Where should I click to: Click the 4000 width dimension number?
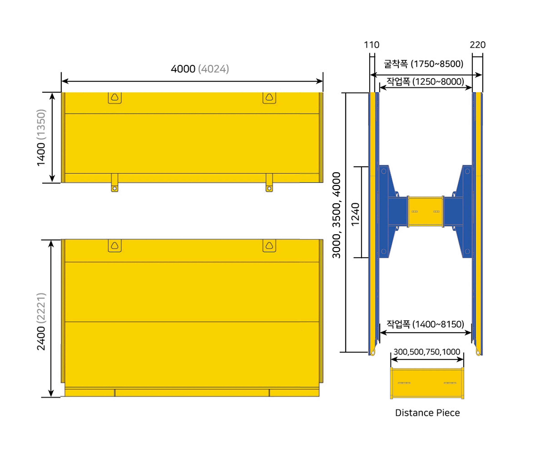pos(183,69)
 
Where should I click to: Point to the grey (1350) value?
pos(41,125)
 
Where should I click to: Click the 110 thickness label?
pos(372,45)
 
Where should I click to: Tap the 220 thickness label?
pos(478,45)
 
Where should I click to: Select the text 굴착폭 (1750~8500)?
pos(424,64)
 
